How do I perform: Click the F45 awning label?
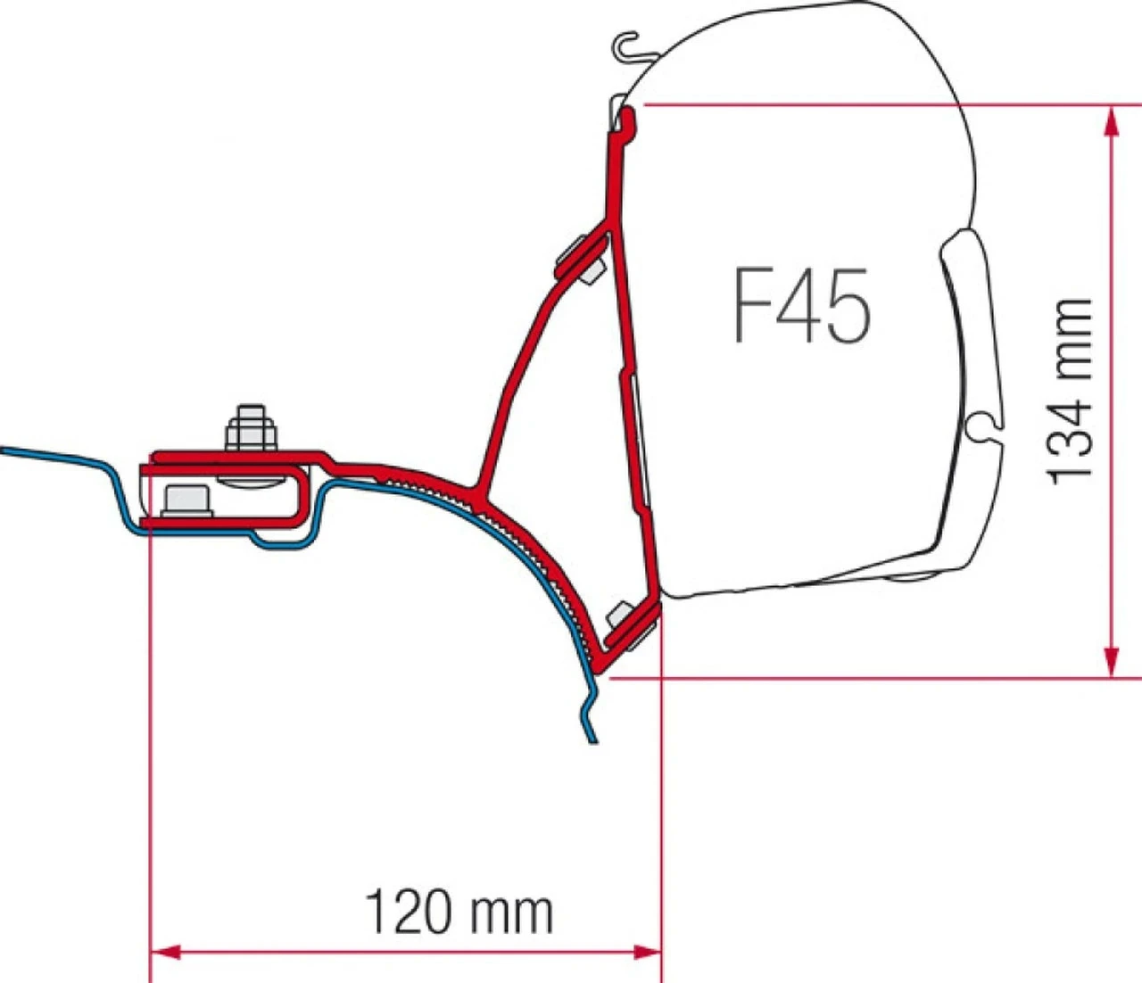(x=801, y=306)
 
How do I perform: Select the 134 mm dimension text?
(x=1070, y=392)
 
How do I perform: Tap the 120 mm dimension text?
(x=459, y=912)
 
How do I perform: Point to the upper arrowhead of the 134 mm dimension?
(x=1111, y=120)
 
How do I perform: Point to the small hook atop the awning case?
(x=630, y=46)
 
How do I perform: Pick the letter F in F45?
(x=752, y=306)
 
